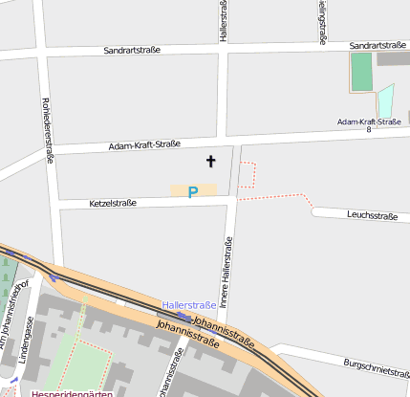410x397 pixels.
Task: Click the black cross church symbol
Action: point(210,163)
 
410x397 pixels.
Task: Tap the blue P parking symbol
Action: point(193,192)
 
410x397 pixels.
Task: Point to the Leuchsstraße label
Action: point(373,216)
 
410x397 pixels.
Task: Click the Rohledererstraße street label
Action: point(46,132)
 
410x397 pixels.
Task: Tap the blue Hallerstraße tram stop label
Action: point(189,304)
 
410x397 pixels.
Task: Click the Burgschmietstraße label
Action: point(376,365)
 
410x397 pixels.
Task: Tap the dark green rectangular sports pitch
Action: point(360,72)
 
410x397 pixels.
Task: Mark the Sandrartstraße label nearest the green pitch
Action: point(378,45)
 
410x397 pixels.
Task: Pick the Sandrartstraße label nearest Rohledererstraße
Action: point(132,49)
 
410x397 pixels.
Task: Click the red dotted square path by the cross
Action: point(248,174)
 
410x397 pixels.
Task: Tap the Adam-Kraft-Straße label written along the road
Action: point(144,145)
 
